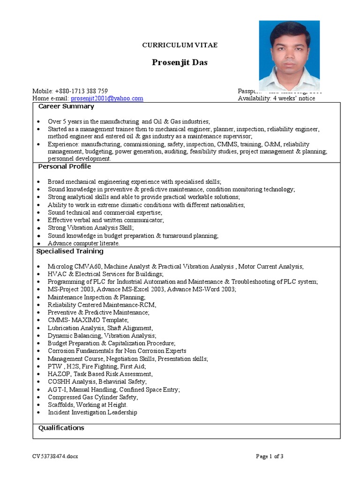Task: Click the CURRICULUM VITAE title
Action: click(x=180, y=45)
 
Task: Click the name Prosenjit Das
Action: click(x=180, y=62)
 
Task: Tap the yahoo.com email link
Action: click(x=107, y=98)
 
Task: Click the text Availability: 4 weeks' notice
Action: click(x=276, y=98)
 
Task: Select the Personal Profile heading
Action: click(x=64, y=166)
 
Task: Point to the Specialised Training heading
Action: click(x=70, y=251)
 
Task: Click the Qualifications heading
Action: click(x=61, y=427)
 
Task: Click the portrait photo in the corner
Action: click(x=289, y=55)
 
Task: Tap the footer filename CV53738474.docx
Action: click(x=55, y=456)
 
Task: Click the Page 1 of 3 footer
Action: click(x=270, y=456)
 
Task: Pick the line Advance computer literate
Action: click(x=83, y=243)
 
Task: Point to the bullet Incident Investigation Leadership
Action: click(x=92, y=412)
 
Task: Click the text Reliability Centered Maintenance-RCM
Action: click(x=102, y=305)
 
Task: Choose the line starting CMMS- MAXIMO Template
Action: click(x=88, y=320)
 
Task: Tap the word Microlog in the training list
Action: click(x=60, y=266)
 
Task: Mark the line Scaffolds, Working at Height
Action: click(x=87, y=405)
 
